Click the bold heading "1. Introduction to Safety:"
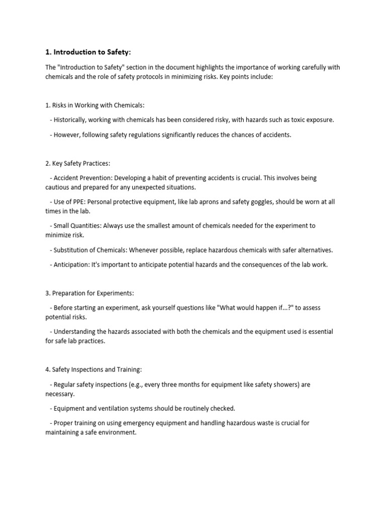pos(88,52)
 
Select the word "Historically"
pos(73,120)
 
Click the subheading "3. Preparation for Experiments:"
pos(90,293)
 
